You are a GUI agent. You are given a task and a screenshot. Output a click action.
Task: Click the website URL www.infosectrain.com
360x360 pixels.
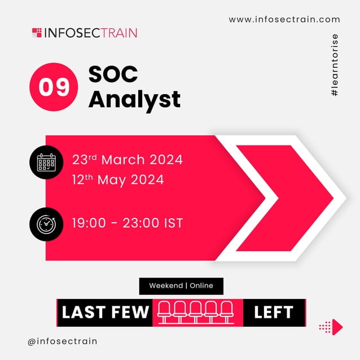click(x=284, y=20)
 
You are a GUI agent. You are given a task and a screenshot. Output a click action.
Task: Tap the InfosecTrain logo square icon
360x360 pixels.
click(x=37, y=32)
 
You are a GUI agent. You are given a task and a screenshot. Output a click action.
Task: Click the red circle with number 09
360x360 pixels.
click(x=54, y=87)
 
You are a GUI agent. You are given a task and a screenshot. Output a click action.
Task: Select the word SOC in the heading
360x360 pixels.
click(x=113, y=74)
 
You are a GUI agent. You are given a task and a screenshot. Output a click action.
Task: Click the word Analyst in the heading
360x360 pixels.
click(x=134, y=99)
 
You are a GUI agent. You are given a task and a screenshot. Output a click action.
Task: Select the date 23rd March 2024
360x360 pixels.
click(x=128, y=159)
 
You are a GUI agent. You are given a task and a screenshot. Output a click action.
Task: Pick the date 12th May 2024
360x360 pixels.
click(x=118, y=180)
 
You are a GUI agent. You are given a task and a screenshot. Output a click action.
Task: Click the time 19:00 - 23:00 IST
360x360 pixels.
click(x=128, y=223)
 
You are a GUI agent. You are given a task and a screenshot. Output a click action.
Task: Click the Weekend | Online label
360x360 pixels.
click(x=181, y=286)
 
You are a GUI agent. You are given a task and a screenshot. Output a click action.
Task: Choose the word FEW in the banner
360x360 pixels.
click(x=129, y=313)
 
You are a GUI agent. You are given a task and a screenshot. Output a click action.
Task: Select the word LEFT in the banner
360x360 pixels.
click(x=274, y=313)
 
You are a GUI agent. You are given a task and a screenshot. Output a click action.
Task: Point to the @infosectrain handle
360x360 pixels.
click(x=62, y=341)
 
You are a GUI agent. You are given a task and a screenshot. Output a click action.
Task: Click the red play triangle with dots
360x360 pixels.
click(x=336, y=326)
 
